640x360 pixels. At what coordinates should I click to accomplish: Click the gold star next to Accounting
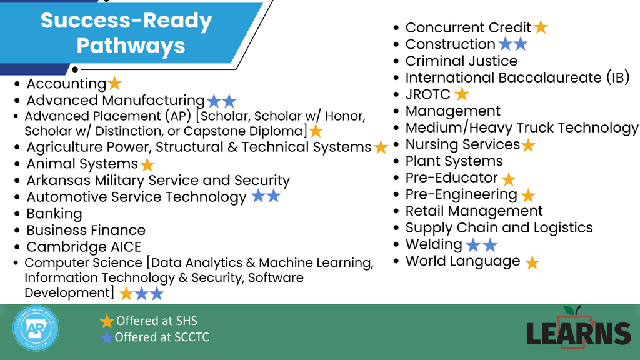click(x=114, y=83)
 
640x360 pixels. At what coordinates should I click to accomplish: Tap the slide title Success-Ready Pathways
click(x=127, y=33)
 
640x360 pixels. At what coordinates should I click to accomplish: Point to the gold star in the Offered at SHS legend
click(x=107, y=321)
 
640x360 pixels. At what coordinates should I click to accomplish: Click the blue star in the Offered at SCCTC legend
click(x=107, y=337)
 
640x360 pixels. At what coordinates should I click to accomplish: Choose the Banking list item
click(x=54, y=214)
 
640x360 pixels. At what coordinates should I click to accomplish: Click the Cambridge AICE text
click(x=84, y=247)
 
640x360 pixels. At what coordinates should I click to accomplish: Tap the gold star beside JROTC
click(x=462, y=94)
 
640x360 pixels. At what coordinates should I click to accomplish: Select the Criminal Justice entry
click(x=461, y=61)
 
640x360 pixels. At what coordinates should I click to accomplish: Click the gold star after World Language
click(x=532, y=262)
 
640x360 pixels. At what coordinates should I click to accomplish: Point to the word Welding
click(x=434, y=244)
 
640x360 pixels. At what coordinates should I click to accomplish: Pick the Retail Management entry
click(x=474, y=211)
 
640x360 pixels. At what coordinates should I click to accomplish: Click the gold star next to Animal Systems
click(x=147, y=164)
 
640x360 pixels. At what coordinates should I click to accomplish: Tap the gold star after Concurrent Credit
click(x=541, y=27)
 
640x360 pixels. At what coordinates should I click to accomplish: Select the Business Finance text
click(x=86, y=231)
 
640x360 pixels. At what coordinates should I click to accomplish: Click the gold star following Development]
click(x=126, y=293)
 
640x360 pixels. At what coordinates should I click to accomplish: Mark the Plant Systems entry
click(x=454, y=161)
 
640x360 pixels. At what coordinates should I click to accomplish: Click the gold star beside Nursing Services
click(x=528, y=146)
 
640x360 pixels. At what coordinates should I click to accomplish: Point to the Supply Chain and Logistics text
click(x=499, y=228)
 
